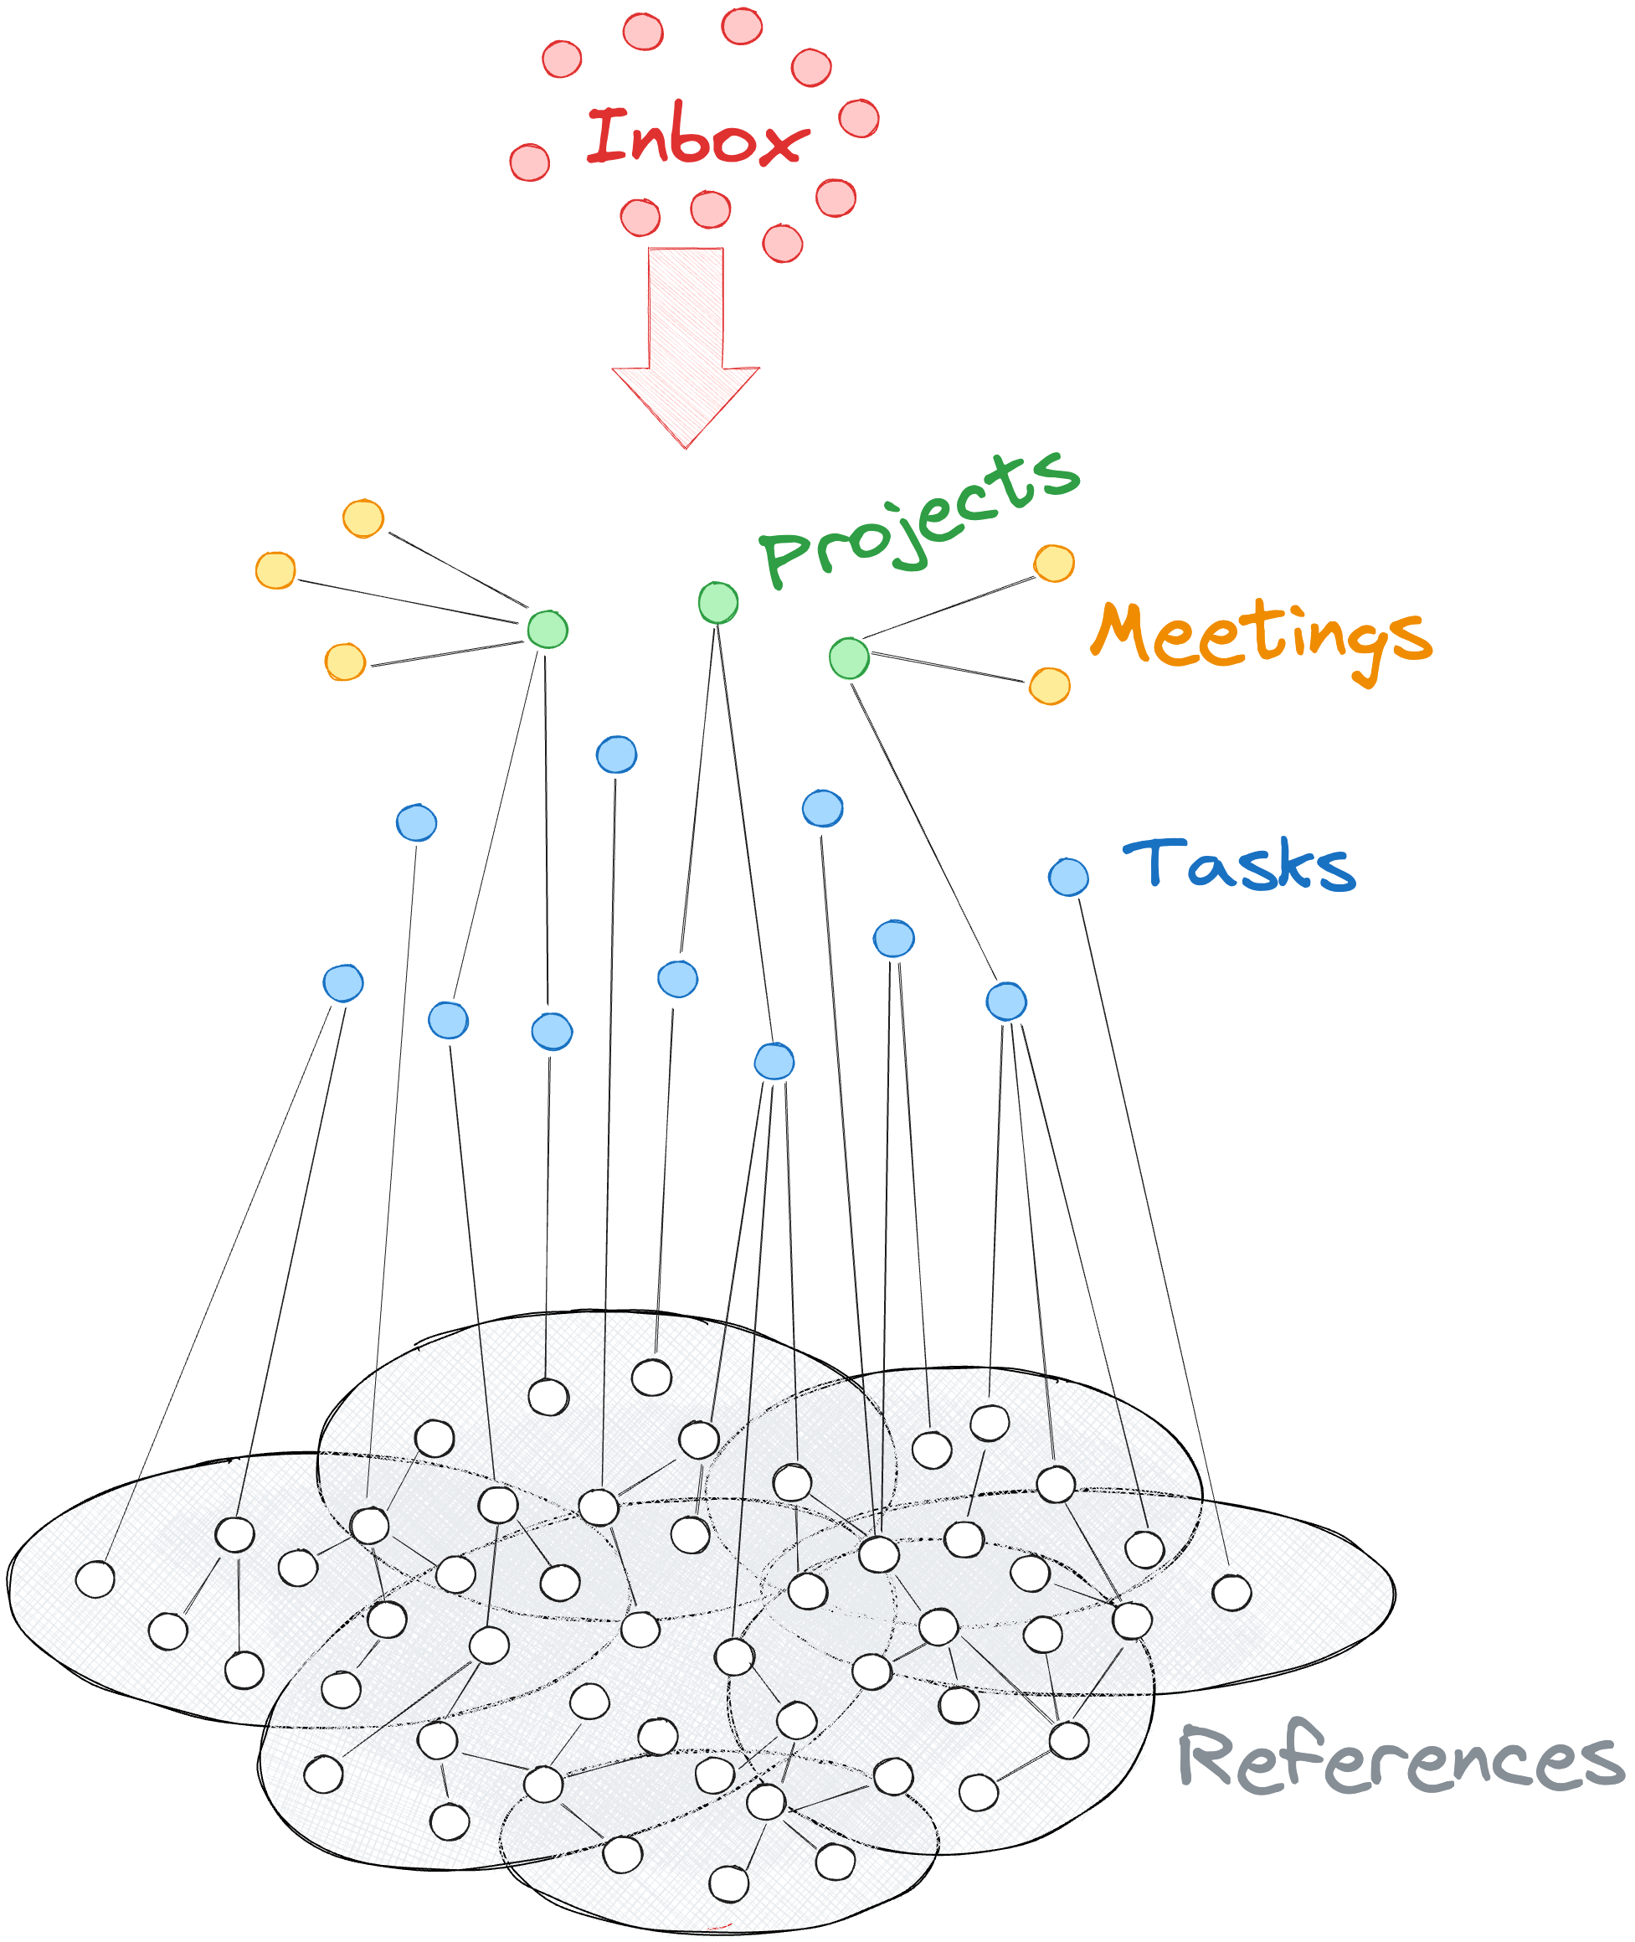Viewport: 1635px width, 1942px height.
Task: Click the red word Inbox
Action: click(697, 137)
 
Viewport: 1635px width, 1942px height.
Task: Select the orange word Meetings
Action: click(1261, 638)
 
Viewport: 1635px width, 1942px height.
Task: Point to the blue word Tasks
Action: click(1238, 864)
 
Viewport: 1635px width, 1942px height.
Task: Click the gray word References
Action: click(1400, 1759)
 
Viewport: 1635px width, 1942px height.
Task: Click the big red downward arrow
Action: click(686, 343)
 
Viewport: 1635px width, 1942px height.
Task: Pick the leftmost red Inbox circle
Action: click(529, 162)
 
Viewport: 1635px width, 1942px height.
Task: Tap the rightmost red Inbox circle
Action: click(859, 118)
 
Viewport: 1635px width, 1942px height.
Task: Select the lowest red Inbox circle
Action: click(782, 244)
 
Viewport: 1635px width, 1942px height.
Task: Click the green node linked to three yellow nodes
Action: click(548, 630)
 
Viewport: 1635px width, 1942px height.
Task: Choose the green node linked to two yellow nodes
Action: click(849, 658)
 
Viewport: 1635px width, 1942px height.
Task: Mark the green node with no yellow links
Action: click(718, 602)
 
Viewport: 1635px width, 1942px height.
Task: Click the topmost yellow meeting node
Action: click(363, 518)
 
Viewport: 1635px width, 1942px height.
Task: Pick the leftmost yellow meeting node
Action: click(275, 570)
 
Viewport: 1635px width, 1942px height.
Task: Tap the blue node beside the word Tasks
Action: click(1069, 877)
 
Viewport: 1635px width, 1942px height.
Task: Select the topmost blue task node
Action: click(616, 755)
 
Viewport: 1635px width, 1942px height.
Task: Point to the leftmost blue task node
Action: click(343, 982)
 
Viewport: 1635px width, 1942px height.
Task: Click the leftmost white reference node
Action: click(95, 1579)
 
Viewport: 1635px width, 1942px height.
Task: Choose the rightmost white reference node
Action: click(1231, 1593)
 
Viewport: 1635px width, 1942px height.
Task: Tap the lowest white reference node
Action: click(728, 1883)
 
